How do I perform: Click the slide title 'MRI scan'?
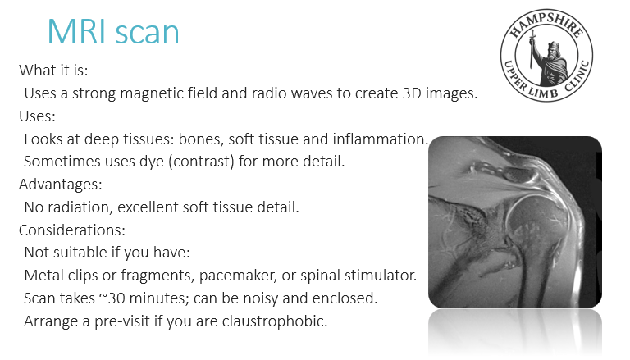pyautogui.click(x=113, y=31)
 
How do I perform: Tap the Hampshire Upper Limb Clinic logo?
pyautogui.click(x=546, y=55)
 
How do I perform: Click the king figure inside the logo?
pyautogui.click(x=550, y=60)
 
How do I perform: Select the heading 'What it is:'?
pyautogui.click(x=53, y=71)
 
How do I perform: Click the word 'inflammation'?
pyautogui.click(x=377, y=139)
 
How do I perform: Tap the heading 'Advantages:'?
pyautogui.click(x=61, y=185)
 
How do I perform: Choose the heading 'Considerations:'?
pyautogui.click(x=72, y=230)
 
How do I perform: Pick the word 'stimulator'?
pyautogui.click(x=380, y=276)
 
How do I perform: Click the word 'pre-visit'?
pyautogui.click(x=122, y=321)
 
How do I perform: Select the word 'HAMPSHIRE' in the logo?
pyautogui.click(x=547, y=25)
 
